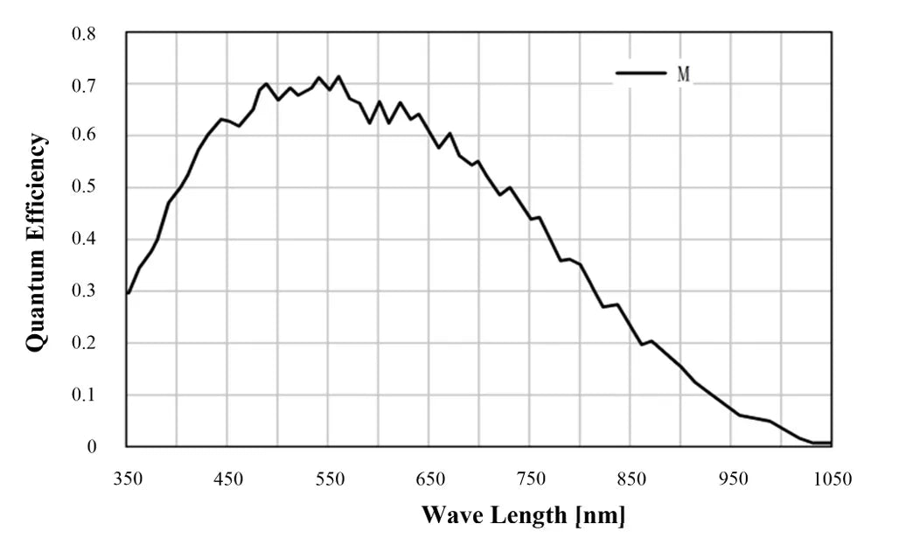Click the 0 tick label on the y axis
pos(92,447)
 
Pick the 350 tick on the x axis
pos(128,479)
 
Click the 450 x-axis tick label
pos(228,479)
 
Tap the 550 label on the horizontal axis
pos(330,479)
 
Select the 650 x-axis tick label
pos(430,479)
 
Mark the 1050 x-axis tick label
pos(831,479)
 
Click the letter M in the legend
pos(684,74)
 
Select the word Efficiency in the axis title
pos(36,188)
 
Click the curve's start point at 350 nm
pos(129,293)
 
